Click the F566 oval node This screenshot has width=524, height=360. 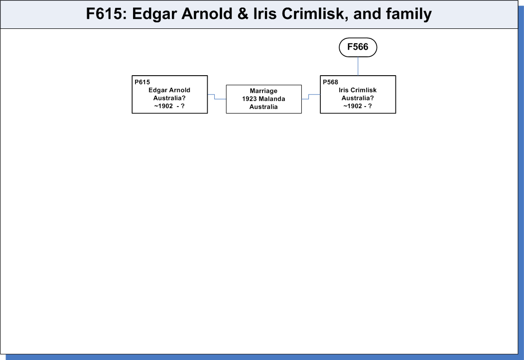(358, 47)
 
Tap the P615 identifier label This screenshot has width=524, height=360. (142, 82)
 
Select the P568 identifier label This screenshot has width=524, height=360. (331, 82)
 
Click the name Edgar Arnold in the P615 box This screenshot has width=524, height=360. (169, 90)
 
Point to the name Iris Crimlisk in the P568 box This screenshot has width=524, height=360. (358, 90)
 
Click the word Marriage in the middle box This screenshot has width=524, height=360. (263, 91)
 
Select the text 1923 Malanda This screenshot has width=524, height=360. (263, 99)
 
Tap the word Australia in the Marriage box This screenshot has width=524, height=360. (263, 107)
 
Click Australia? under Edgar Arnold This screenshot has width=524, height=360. (169, 98)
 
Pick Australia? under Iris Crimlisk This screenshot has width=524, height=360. (358, 98)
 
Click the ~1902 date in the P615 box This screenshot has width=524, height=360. (163, 106)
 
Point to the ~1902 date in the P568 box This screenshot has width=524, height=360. (353, 106)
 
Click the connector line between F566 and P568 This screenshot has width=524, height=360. (358, 66)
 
